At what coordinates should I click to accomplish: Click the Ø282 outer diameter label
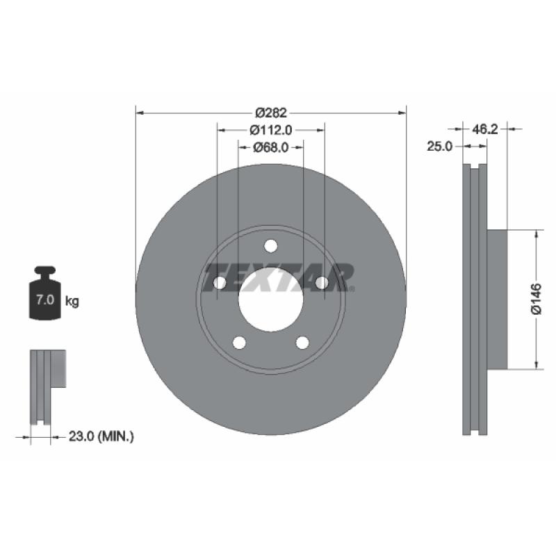tap(271, 113)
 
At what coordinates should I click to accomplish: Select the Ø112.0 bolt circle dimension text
tap(271, 130)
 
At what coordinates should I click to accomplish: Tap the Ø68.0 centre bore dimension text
tap(271, 147)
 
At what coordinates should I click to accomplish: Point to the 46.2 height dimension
tap(484, 129)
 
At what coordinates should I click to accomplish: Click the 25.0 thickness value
tap(440, 146)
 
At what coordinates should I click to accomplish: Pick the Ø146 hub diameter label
tap(536, 299)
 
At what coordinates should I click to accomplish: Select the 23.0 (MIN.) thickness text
tap(101, 436)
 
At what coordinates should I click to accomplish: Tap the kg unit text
tap(72, 302)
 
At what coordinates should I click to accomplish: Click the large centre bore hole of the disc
tap(271, 300)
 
